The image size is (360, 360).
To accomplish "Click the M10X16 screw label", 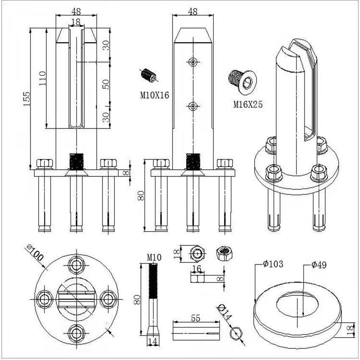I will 155,95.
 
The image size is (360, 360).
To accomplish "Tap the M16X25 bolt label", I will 248,104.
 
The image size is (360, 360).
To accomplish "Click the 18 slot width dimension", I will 76,22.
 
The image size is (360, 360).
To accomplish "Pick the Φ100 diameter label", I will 36,254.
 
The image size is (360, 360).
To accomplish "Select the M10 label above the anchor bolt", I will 154,257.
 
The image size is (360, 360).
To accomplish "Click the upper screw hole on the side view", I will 193,62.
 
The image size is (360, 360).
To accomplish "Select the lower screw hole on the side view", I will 193,106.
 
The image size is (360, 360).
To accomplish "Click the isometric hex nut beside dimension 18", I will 224,254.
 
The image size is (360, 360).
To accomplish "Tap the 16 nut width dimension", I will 197,268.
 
